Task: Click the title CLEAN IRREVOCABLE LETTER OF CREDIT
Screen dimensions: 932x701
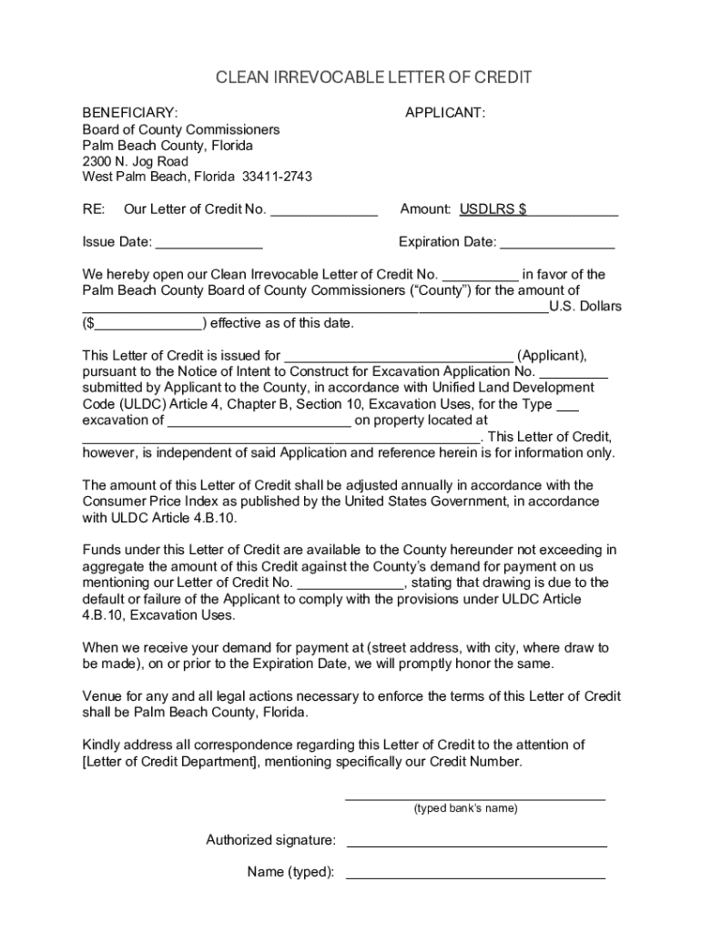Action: pos(373,78)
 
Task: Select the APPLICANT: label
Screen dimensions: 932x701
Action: pos(444,113)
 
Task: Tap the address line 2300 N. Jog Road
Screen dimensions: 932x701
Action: pos(136,161)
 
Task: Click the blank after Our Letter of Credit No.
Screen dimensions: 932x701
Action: pos(324,211)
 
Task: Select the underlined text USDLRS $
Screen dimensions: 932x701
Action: pos(493,210)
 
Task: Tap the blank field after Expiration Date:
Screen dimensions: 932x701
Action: pos(557,244)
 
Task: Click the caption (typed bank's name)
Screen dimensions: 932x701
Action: pos(465,808)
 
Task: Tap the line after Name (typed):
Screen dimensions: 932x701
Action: pos(475,875)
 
